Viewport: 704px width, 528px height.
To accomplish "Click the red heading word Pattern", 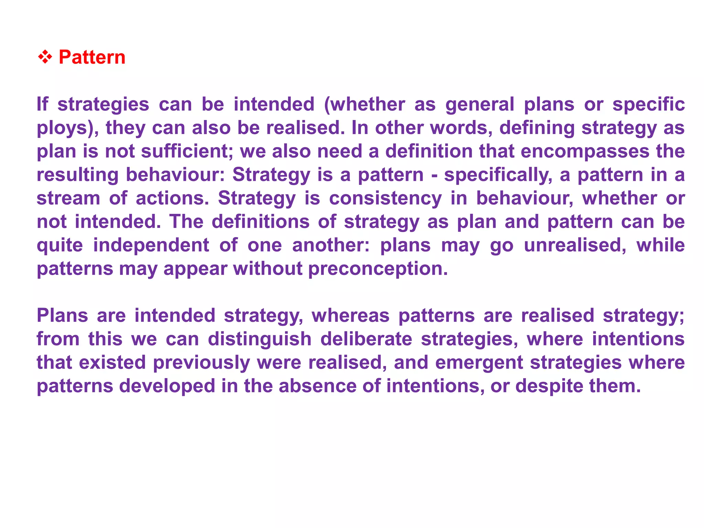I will point(92,57).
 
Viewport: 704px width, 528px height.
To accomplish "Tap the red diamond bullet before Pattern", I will point(45,57).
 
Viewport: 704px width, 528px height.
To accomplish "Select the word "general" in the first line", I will point(480,104).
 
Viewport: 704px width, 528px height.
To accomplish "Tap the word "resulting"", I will point(77,175).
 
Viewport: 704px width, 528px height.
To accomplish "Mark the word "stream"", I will point(68,198).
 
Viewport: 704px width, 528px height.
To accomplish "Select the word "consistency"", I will point(385,198).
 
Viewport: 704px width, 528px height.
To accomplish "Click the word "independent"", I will point(151,245).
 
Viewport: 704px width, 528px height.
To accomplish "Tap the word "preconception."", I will point(378,269).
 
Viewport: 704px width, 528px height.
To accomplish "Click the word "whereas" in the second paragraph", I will point(350,316).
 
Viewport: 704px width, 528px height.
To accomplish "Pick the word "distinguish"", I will point(260,339).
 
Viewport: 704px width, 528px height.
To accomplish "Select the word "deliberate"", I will point(366,339).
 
